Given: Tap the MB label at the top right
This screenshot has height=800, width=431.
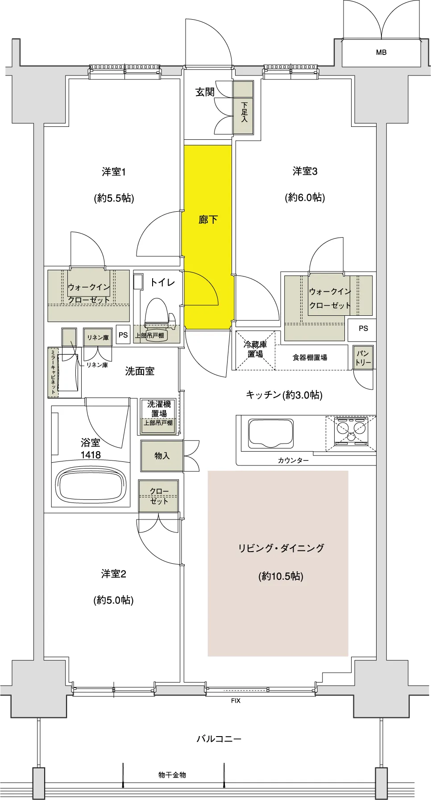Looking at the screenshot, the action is [381, 52].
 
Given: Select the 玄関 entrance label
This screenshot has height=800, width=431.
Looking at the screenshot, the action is [205, 92].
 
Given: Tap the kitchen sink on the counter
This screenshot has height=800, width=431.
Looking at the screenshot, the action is [271, 432].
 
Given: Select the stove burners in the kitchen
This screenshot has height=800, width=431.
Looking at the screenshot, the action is [351, 431].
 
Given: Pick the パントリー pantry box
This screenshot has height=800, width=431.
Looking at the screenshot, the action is [363, 357].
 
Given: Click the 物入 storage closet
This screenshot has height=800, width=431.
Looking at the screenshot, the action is [162, 456].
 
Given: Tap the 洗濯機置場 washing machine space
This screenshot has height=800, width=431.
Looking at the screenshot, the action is [159, 415].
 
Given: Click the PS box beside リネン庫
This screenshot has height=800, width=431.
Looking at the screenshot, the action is [123, 335].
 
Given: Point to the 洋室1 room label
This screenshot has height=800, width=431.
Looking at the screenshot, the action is [113, 172].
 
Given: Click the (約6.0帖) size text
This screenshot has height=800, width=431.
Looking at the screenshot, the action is [305, 197].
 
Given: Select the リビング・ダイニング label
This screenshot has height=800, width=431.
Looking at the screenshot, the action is [281, 548].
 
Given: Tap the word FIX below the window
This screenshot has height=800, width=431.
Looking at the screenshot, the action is [236, 701].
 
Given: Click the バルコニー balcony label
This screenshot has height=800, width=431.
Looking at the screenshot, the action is [219, 739].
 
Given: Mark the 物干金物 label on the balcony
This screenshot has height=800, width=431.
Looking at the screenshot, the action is [172, 775].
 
